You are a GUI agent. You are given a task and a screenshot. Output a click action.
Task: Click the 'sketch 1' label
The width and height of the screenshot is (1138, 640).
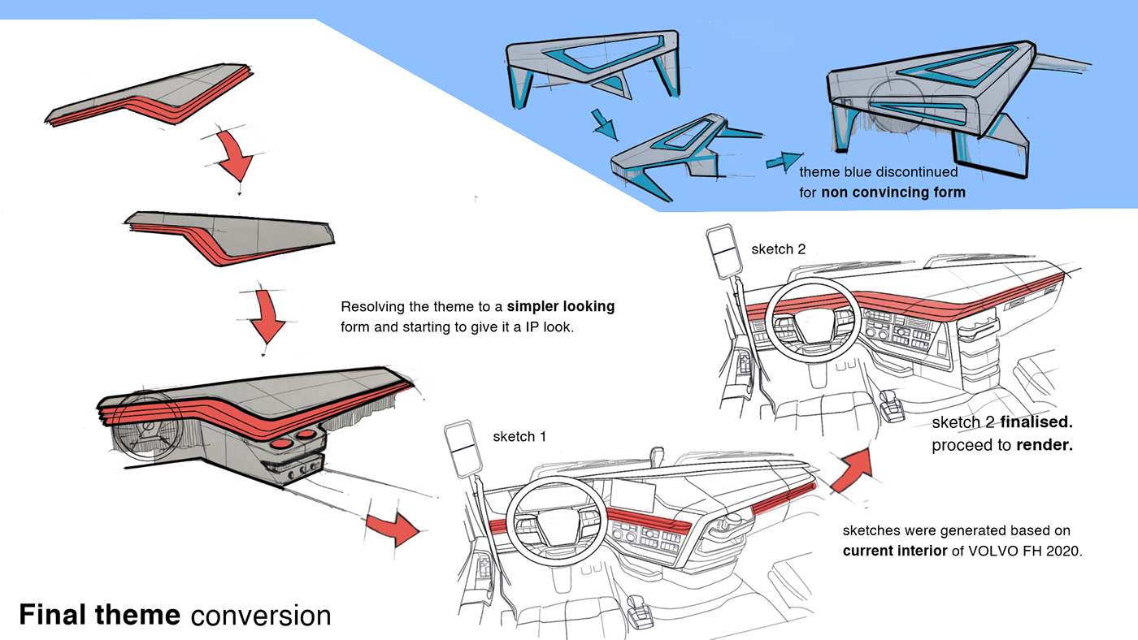pos(519,436)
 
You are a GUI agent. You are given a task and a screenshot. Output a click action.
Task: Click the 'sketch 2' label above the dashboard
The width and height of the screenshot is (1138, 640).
pos(779,249)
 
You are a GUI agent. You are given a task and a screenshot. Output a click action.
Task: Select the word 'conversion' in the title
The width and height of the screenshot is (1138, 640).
pos(261,616)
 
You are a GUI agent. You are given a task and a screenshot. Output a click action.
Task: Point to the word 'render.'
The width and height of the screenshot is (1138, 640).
pos(1045,445)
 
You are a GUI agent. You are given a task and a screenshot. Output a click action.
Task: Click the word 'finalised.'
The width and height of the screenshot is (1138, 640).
pos(1036,422)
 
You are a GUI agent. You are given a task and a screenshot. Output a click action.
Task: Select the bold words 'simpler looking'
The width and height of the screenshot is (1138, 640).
pos(561,306)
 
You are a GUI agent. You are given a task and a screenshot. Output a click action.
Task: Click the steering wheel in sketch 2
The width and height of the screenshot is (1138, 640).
pos(812,320)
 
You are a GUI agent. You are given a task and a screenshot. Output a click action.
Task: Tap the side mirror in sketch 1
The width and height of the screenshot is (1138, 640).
pos(463,449)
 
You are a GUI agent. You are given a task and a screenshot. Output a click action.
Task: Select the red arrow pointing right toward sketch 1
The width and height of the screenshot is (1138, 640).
pos(393,529)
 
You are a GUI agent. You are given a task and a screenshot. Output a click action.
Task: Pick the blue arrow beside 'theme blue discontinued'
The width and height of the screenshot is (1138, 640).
pos(784,161)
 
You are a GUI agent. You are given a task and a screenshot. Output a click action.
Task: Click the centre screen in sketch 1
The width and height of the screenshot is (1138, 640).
pos(632,495)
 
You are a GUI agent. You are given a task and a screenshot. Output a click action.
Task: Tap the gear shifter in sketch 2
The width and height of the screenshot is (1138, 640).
pos(892,406)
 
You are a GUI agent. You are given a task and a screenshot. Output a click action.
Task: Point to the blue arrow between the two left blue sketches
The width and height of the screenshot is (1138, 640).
pos(605,124)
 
